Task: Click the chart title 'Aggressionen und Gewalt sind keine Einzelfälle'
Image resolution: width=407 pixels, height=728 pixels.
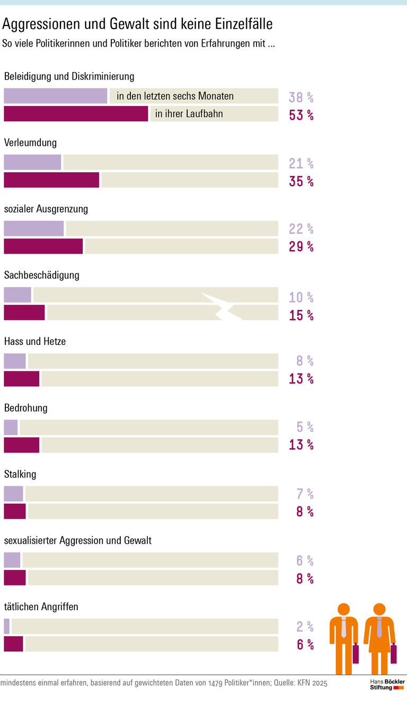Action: coord(138,24)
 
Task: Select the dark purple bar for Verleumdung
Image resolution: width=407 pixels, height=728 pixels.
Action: coord(51,180)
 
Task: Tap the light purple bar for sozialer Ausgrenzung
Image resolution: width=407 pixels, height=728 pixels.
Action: coord(33,228)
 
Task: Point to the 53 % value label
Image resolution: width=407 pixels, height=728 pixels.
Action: coord(301,115)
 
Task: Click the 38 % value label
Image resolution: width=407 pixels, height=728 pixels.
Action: coord(301,97)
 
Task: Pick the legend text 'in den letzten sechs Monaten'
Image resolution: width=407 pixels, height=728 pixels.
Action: coord(175,96)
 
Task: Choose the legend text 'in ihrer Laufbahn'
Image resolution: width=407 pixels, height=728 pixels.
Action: coord(189,114)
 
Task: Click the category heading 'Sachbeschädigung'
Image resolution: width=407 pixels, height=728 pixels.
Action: coord(42,275)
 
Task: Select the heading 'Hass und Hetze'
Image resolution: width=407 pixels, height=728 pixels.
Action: coord(35,341)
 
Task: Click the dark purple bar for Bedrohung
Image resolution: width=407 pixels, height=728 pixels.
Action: coord(22,445)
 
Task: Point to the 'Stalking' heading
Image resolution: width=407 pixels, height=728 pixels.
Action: coord(20,474)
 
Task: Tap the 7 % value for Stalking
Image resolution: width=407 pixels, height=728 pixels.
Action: coord(305,494)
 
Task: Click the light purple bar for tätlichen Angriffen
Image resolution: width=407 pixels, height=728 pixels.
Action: coord(7,626)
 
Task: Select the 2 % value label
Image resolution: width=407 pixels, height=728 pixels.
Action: coord(305,627)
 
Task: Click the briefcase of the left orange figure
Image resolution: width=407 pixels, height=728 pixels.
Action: coord(356,654)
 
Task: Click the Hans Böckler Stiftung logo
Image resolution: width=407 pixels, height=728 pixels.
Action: coord(387,684)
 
